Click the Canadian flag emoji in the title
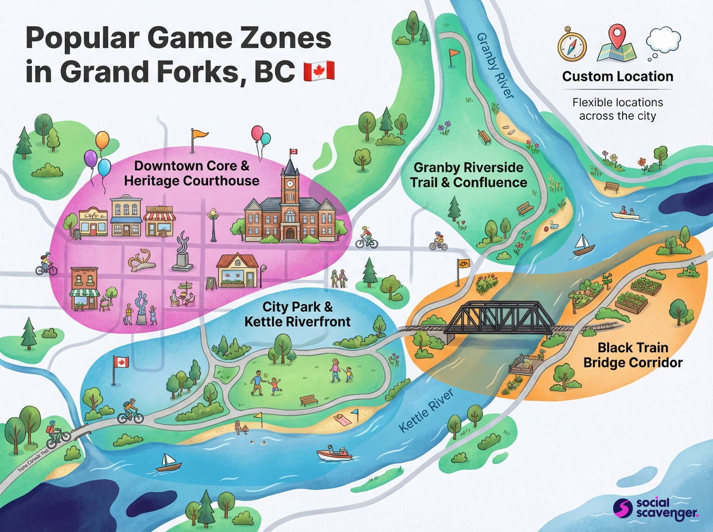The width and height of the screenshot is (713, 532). (x=319, y=71)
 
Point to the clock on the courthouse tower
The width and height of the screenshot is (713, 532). (x=291, y=183)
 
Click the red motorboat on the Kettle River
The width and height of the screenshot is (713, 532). (x=334, y=454)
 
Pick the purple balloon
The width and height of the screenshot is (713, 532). (x=90, y=159)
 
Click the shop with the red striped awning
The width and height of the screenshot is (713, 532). (x=159, y=221)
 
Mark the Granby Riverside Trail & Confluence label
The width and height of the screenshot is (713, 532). (x=469, y=175)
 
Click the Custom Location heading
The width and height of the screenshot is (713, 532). (x=617, y=77)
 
